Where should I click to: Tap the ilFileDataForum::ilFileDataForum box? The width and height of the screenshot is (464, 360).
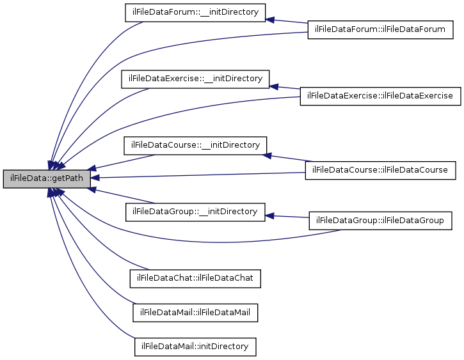coord(380,30)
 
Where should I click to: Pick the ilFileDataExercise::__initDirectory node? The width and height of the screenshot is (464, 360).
coord(195,79)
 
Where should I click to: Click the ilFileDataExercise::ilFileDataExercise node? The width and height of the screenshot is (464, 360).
coord(380,96)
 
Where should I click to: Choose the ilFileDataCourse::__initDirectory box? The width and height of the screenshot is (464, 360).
coord(195,145)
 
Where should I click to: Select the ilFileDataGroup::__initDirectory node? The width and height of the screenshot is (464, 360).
coord(195,211)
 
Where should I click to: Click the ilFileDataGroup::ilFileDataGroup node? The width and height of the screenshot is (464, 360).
coord(380,221)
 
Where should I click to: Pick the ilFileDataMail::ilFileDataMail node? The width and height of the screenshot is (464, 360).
coord(195,312)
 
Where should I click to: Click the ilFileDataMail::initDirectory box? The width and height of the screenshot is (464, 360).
coord(195,346)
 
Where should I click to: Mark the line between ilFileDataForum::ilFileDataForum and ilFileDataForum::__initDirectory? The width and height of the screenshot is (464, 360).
coord(288,23)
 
